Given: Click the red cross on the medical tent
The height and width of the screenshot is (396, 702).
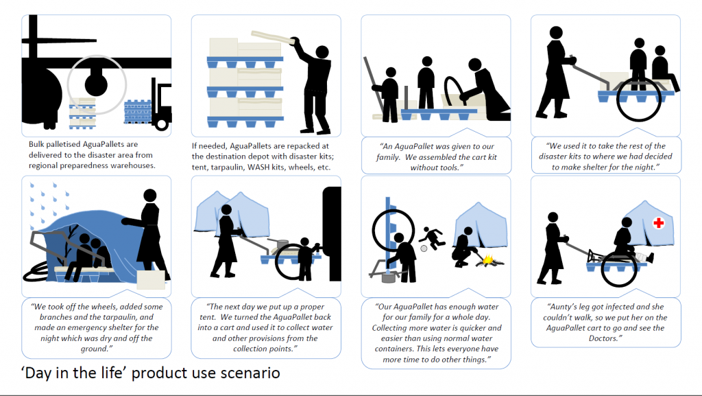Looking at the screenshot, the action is click(658, 222).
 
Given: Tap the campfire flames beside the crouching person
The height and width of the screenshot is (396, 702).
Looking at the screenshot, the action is click(488, 259).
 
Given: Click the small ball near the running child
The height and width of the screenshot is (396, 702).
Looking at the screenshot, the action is click(424, 248).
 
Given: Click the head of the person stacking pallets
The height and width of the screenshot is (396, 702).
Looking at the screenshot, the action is click(322, 52).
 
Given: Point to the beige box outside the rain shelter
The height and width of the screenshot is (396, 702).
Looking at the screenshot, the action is click(151, 279).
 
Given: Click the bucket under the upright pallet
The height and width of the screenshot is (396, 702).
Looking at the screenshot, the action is click(388, 278).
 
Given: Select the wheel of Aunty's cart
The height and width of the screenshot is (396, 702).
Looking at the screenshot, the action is click(619, 269).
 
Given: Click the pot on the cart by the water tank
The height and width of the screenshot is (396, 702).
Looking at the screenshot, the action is click(282, 244).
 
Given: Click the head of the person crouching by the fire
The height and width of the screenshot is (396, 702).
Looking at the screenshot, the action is click(468, 231).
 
